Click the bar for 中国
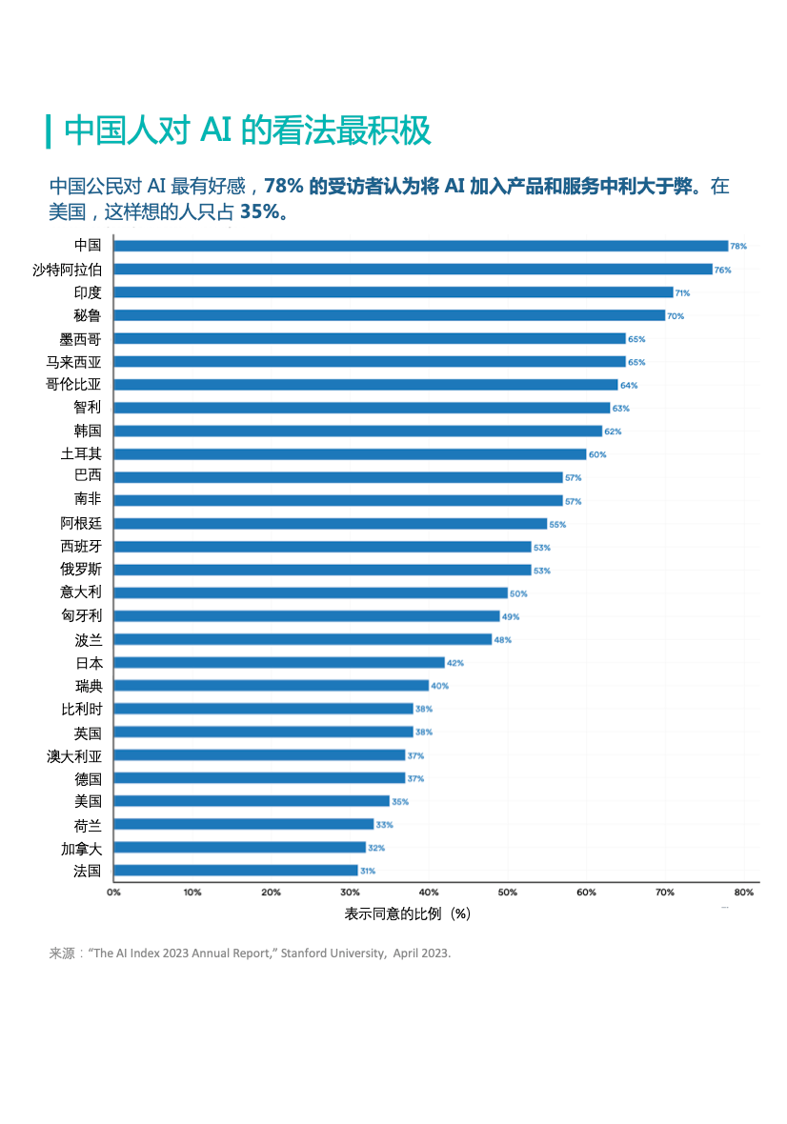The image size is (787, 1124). pos(420,246)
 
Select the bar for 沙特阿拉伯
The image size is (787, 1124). pos(413,269)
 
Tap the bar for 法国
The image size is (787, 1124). pos(235,871)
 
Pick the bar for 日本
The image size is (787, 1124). pos(279,662)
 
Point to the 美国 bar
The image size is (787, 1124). pos(252,801)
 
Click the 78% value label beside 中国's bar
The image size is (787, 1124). pos(738,246)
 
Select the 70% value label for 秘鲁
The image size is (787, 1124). pos(676,315)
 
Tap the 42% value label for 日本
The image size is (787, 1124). pos(454,663)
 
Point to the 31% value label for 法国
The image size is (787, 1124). pos(368,871)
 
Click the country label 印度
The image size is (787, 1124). pos(88,292)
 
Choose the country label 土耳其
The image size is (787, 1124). pos(81,453)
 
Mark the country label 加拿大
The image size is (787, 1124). pos(81,848)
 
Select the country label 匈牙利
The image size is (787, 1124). pos(81,615)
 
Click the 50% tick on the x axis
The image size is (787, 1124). pos(508,893)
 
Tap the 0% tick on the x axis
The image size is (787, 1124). pos(113,893)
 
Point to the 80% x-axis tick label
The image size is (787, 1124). pos(744,893)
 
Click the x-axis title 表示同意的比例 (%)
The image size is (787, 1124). pos(408,913)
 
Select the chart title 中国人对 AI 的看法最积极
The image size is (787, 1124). pos(248,130)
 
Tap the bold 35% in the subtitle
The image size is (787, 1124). pos(260,211)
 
